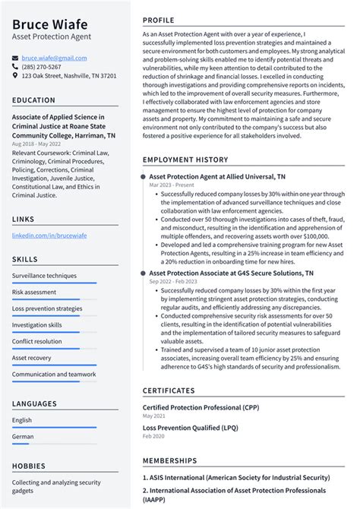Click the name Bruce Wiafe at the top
(x=49, y=24)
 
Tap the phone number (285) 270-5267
(x=42, y=67)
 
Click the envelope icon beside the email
(x=15, y=58)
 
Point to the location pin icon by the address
(x=15, y=76)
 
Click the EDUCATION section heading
(x=33, y=100)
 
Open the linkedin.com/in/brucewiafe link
(x=49, y=236)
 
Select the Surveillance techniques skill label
(x=44, y=276)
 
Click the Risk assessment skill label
(x=34, y=292)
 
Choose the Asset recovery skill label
(x=32, y=358)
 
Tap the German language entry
(x=23, y=437)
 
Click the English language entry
(x=22, y=420)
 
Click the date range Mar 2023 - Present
(x=172, y=185)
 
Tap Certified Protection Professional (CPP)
(x=201, y=407)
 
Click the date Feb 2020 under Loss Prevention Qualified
(x=154, y=437)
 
